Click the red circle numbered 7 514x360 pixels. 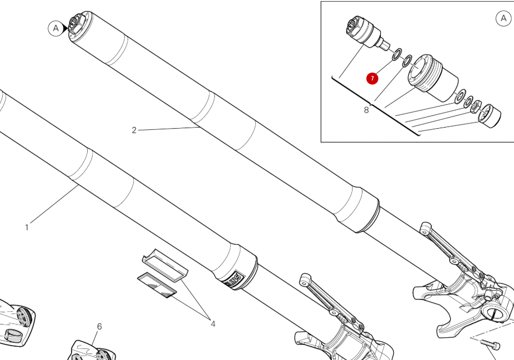(372, 79)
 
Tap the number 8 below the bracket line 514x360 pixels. (366, 110)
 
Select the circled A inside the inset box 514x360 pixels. (503, 18)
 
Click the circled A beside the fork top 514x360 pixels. (56, 28)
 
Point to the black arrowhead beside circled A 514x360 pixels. (65, 28)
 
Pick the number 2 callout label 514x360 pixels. (134, 130)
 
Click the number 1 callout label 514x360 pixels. (27, 227)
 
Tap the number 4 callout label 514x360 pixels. (213, 324)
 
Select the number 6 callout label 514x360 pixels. (99, 327)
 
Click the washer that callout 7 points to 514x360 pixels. (397, 54)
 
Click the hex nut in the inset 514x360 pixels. (476, 107)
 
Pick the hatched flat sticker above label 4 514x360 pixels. (157, 285)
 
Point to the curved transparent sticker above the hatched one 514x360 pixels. (165, 265)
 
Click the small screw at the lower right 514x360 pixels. (490, 344)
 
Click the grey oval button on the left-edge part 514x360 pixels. (12, 336)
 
